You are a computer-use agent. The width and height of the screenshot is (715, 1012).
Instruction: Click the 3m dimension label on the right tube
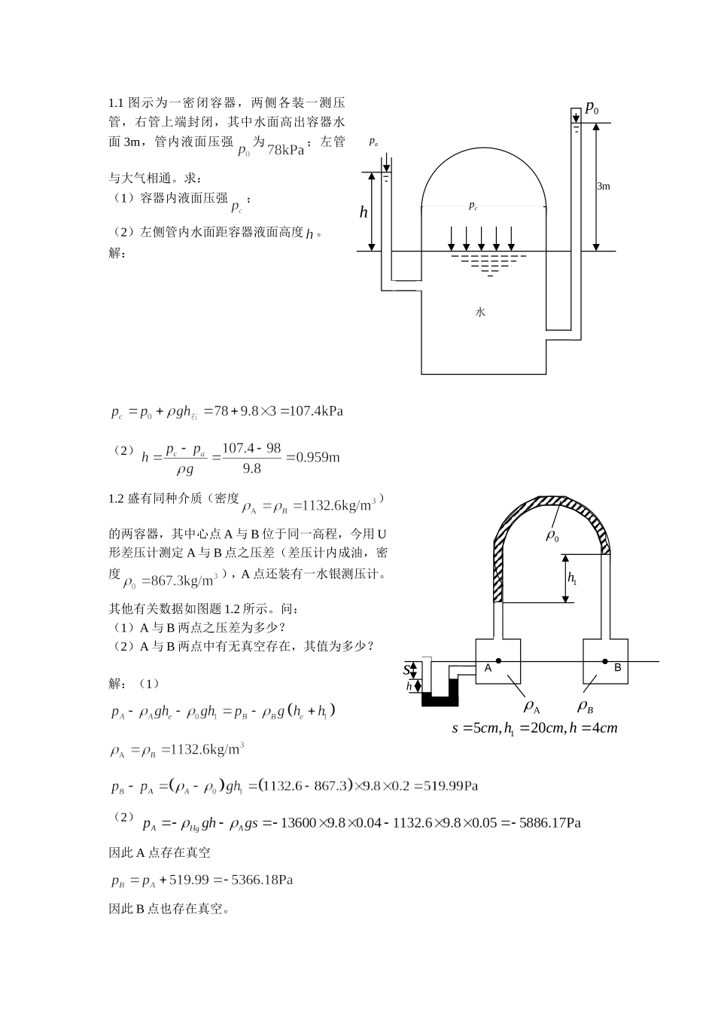click(x=603, y=186)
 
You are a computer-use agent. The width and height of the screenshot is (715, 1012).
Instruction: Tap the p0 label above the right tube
click(x=592, y=108)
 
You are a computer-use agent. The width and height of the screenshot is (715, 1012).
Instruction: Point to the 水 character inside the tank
click(x=480, y=312)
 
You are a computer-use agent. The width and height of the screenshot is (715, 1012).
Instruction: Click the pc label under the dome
click(x=473, y=206)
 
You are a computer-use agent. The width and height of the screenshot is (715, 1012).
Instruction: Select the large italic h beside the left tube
click(x=364, y=212)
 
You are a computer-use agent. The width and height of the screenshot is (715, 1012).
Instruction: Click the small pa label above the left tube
click(x=373, y=142)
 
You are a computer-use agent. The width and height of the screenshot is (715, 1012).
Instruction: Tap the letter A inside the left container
click(x=487, y=668)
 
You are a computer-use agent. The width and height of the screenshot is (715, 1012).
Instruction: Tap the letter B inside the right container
click(x=618, y=667)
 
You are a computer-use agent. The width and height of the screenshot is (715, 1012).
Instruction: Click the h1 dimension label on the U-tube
click(x=572, y=578)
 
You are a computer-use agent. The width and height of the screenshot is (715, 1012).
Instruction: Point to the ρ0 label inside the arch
click(x=553, y=536)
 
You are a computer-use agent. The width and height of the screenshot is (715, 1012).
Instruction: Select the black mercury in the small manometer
click(x=440, y=700)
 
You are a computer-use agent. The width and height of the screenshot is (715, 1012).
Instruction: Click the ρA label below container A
click(x=532, y=706)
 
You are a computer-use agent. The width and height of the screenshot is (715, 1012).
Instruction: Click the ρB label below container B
click(x=586, y=706)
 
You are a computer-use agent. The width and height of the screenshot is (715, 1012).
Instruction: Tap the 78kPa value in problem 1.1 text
click(x=285, y=149)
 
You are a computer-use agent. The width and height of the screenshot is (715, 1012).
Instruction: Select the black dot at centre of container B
click(x=604, y=661)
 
